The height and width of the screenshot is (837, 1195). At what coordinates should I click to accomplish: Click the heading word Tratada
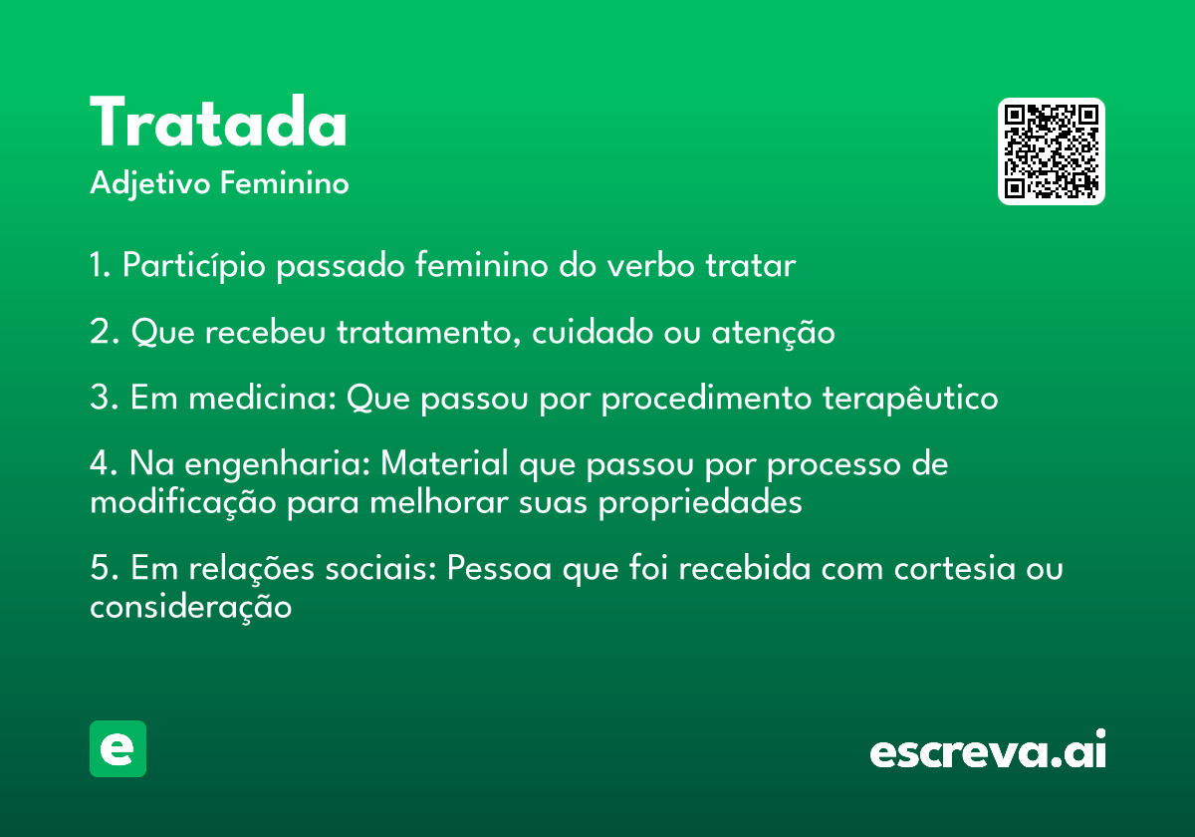pyautogui.click(x=218, y=122)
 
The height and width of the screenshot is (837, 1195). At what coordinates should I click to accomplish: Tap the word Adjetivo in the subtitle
pyautogui.click(x=150, y=184)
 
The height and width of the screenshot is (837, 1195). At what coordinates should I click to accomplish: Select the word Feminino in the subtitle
pyautogui.click(x=285, y=182)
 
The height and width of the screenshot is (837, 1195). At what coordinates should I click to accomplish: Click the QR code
pyautogui.click(x=1051, y=151)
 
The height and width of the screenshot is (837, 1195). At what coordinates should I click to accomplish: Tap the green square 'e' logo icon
pyautogui.click(x=118, y=748)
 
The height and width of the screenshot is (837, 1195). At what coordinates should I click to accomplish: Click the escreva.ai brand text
pyautogui.click(x=988, y=748)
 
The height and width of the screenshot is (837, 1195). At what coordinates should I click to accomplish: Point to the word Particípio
pyautogui.click(x=193, y=266)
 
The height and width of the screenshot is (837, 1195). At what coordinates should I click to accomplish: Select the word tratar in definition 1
pyautogui.click(x=751, y=266)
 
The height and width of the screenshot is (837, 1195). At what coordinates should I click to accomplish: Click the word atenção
pyautogui.click(x=773, y=333)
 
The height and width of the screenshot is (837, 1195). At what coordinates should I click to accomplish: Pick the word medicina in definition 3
pyautogui.click(x=263, y=398)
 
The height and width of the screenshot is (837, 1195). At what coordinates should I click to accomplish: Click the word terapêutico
pyautogui.click(x=910, y=399)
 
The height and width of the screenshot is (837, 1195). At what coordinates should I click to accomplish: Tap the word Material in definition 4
pyautogui.click(x=444, y=462)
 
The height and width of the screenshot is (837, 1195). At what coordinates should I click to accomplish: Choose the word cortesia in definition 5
pyautogui.click(x=954, y=569)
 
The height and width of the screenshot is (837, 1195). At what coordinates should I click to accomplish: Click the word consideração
pyautogui.click(x=190, y=608)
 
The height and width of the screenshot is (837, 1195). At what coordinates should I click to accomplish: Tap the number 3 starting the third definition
pyautogui.click(x=101, y=398)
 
